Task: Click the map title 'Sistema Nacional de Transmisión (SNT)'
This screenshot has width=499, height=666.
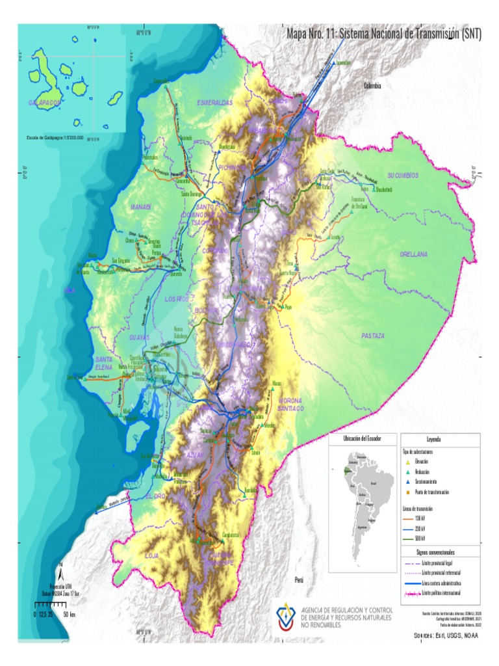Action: [x=384, y=34]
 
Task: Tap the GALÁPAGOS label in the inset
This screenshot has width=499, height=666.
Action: [x=45, y=103]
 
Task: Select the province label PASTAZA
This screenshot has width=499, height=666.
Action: [x=373, y=336]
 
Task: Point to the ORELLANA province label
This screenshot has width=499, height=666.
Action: [x=414, y=254]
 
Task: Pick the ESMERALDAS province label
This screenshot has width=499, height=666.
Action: [x=214, y=103]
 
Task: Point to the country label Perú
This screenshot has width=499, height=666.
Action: [x=300, y=578]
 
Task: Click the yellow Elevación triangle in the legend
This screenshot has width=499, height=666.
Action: [x=407, y=461]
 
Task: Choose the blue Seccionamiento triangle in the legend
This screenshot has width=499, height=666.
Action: [x=407, y=482]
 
